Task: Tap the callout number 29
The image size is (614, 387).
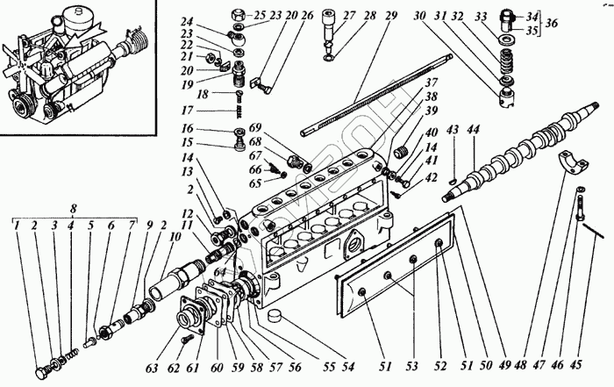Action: [390, 16]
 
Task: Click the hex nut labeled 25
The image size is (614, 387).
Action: [237, 15]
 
